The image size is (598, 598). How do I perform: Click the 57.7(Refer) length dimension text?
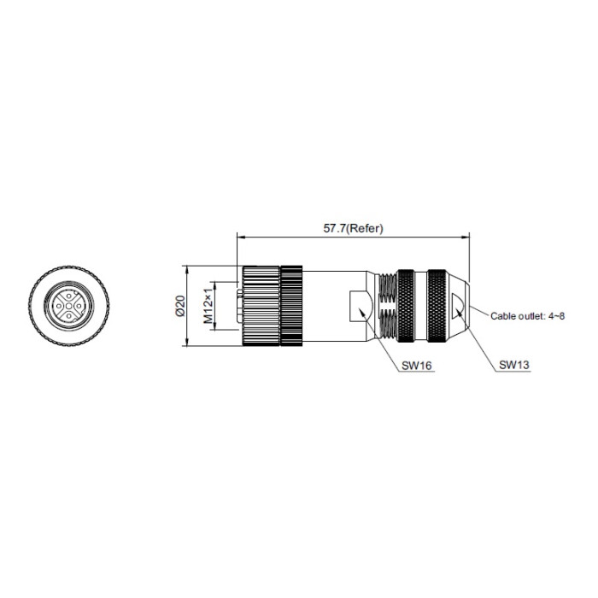pyautogui.click(x=354, y=228)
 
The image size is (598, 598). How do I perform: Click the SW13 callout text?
pyautogui.click(x=515, y=365)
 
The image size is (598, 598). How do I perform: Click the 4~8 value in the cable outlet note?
pyautogui.click(x=556, y=316)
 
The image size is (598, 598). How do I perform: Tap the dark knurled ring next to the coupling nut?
pyautogui.click(x=292, y=306)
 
